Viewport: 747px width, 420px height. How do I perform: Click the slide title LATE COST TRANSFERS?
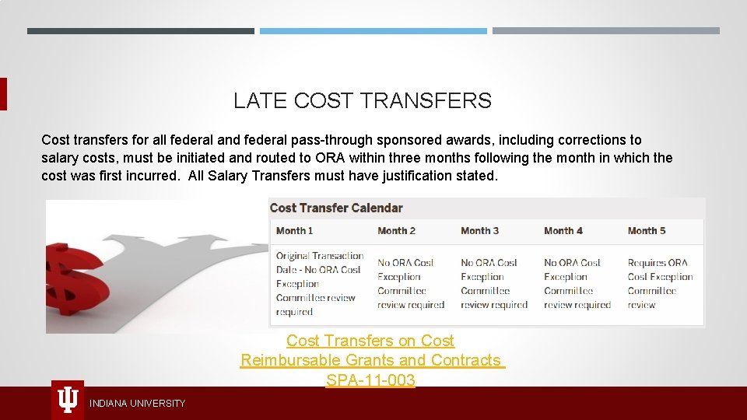click(x=362, y=101)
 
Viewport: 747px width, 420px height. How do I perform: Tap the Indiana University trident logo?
click(x=68, y=400)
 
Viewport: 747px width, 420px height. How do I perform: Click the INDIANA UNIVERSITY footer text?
click(x=137, y=403)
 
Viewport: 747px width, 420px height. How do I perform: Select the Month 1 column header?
click(x=294, y=231)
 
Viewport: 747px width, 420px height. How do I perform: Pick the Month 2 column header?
click(x=396, y=231)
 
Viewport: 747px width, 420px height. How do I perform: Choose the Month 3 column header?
click(x=479, y=231)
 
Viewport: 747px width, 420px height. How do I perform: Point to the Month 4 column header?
click(x=563, y=231)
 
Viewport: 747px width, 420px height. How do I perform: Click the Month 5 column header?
click(x=647, y=231)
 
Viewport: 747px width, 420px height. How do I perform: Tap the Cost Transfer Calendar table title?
click(x=336, y=208)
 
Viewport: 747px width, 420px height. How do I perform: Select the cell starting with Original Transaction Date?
click(x=319, y=284)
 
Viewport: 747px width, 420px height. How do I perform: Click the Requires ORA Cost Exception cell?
click(x=660, y=284)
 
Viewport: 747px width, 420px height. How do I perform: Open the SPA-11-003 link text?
click(x=370, y=380)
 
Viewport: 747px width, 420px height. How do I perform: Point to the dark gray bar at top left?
click(x=140, y=31)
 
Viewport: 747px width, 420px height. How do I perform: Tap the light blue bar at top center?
click(x=373, y=31)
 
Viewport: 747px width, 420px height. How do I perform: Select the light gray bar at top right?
click(x=605, y=31)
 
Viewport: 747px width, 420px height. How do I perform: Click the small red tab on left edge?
click(x=3, y=94)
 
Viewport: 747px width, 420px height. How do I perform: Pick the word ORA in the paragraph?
click(x=330, y=158)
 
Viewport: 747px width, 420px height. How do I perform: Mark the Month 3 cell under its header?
click(x=493, y=284)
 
